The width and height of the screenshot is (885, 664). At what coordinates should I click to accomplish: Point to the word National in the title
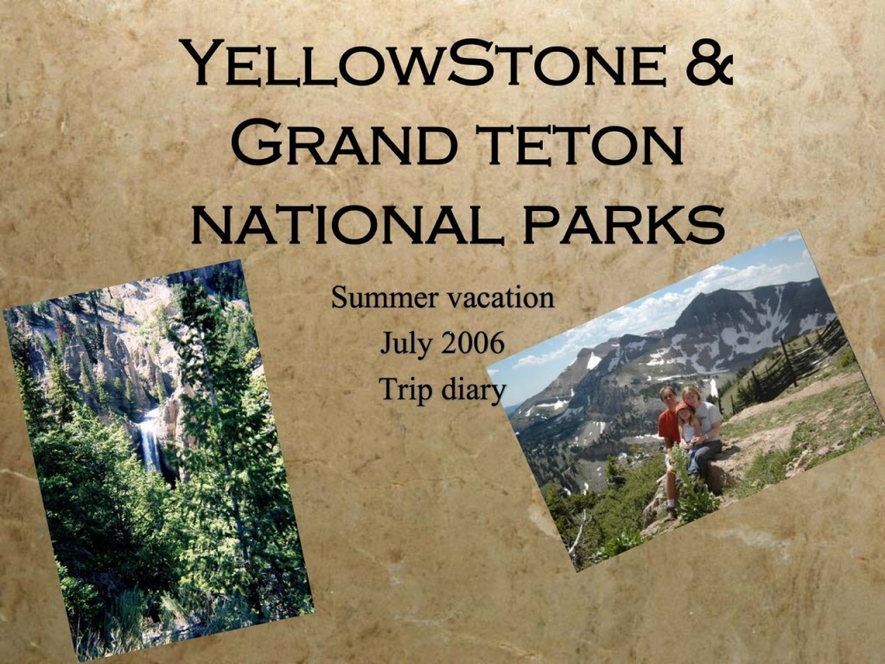point(347,224)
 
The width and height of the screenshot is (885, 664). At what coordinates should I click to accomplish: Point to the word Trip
point(404,390)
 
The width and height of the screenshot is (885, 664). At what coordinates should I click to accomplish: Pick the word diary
point(472,391)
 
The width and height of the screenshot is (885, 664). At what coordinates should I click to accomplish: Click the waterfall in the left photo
point(150,440)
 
